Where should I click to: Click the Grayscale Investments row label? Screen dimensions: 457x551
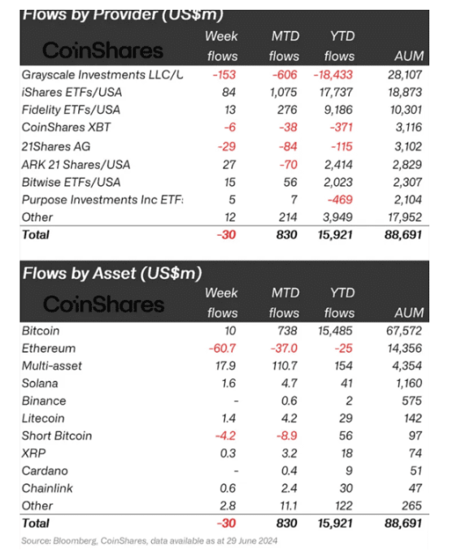coord(102,75)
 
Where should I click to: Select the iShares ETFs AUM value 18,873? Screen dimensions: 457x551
coord(405,93)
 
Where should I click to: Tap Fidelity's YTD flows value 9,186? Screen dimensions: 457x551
coord(338,110)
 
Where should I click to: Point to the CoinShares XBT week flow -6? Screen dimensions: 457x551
coord(230,128)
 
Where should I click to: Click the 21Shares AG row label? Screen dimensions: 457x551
coord(56,146)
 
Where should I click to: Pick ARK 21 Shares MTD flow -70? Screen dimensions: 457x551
coord(288,164)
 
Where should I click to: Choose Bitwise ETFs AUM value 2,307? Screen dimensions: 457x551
coord(407,182)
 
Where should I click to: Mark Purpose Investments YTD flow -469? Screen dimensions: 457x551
coord(340,200)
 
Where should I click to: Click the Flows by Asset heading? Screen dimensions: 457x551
coord(112,273)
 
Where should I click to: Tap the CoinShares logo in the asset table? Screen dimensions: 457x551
coord(104,304)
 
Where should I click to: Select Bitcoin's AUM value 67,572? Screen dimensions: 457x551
coord(404,331)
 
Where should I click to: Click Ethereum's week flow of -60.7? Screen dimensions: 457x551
coord(222,349)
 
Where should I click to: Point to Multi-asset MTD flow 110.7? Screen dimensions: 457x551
coord(285,366)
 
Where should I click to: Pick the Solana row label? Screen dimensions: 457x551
coord(40,384)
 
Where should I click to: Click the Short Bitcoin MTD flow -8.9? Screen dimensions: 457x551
coord(287,436)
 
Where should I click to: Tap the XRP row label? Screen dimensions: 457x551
coord(34,453)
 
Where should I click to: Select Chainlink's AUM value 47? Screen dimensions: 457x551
coord(416,488)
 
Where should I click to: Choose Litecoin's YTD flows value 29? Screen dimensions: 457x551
coord(346,419)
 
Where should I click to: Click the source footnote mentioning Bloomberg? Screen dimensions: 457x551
coord(150,540)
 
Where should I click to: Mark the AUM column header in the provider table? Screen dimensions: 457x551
coord(409,56)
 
